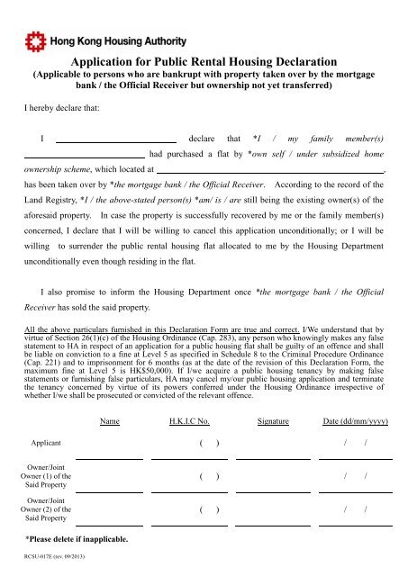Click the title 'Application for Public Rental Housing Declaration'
(x=204, y=60)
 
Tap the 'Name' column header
(x=111, y=395)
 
